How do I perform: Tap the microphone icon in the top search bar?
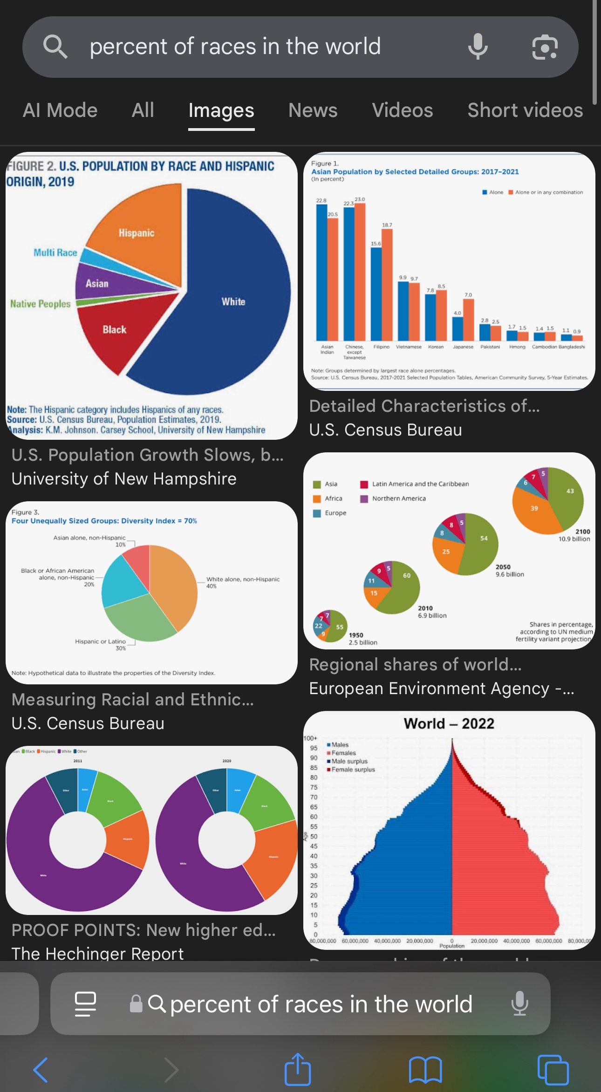pyautogui.click(x=478, y=47)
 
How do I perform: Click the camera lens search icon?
pyautogui.click(x=545, y=47)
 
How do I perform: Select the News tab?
pyautogui.click(x=313, y=110)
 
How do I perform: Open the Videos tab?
pyautogui.click(x=402, y=110)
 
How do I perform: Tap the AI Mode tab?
pyautogui.click(x=60, y=110)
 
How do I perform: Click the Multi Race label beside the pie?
pyautogui.click(x=55, y=253)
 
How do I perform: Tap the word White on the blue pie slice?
pyautogui.click(x=233, y=302)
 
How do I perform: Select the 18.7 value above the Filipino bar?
pyautogui.click(x=387, y=225)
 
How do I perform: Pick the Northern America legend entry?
pyautogui.click(x=398, y=498)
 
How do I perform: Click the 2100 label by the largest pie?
pyautogui.click(x=582, y=532)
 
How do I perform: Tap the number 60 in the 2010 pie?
pyautogui.click(x=407, y=575)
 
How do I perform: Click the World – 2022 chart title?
pyautogui.click(x=449, y=723)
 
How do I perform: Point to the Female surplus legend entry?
pyautogui.click(x=353, y=770)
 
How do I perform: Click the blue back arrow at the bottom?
pyautogui.click(x=41, y=1070)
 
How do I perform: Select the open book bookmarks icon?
pyautogui.click(x=425, y=1070)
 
